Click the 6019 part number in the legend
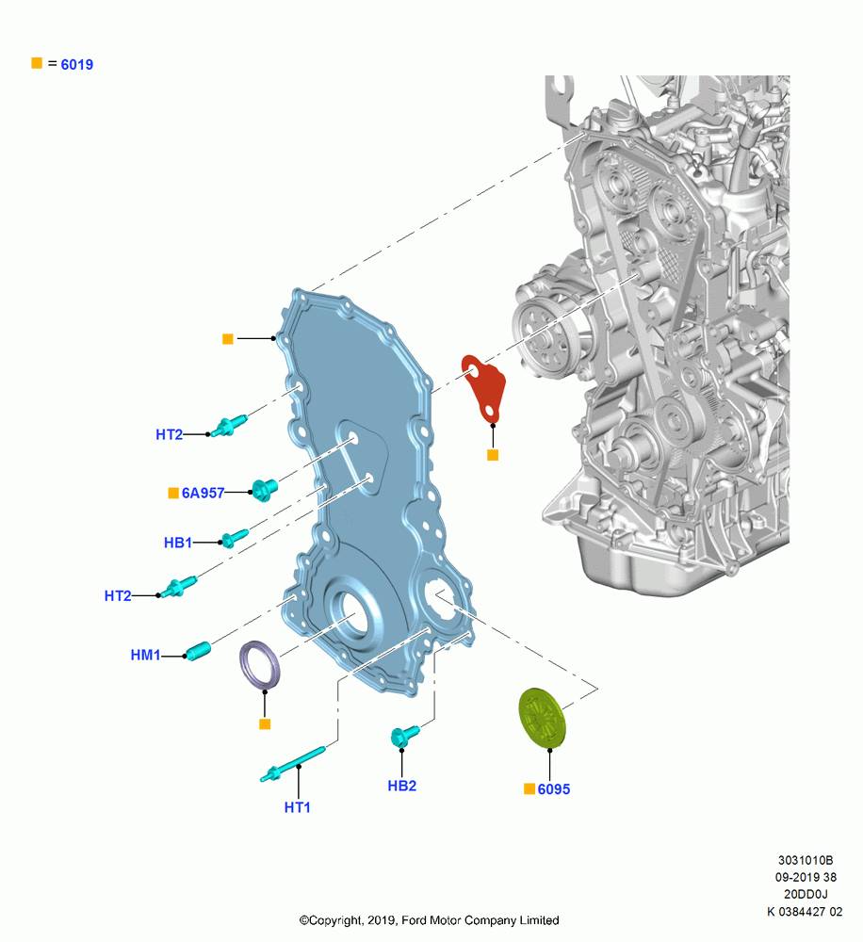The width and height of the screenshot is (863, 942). coord(77,64)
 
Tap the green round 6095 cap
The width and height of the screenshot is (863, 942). coord(541,717)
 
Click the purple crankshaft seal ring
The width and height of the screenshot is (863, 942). coord(260,665)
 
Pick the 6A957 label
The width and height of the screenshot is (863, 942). coord(203,494)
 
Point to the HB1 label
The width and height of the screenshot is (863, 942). coord(178,543)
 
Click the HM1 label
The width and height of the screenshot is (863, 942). coord(145,655)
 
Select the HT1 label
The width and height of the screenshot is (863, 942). coord(298,807)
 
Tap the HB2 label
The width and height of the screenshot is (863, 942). coord(402,786)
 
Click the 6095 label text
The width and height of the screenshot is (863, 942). coord(553,789)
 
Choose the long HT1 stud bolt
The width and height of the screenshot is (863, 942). coord(293,765)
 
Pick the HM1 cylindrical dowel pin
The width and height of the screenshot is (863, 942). coord(199,651)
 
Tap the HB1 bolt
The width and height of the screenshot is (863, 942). coord(235,538)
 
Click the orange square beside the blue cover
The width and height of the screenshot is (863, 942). coord(228,339)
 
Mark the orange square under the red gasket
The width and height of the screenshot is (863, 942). coord(493,455)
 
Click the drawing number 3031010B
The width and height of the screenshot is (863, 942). coord(806,860)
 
